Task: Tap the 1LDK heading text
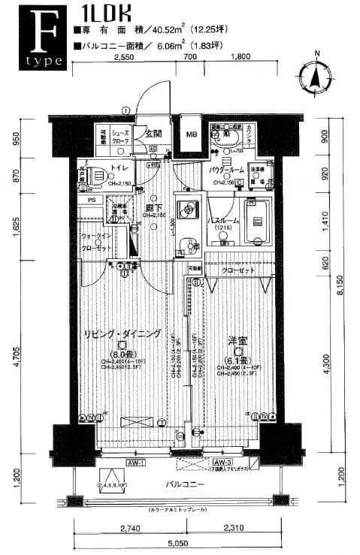[103, 13]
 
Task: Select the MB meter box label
[192, 135]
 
